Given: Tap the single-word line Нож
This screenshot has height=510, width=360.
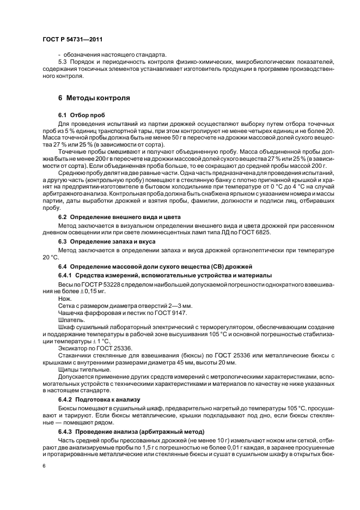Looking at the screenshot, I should coord(63,299).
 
